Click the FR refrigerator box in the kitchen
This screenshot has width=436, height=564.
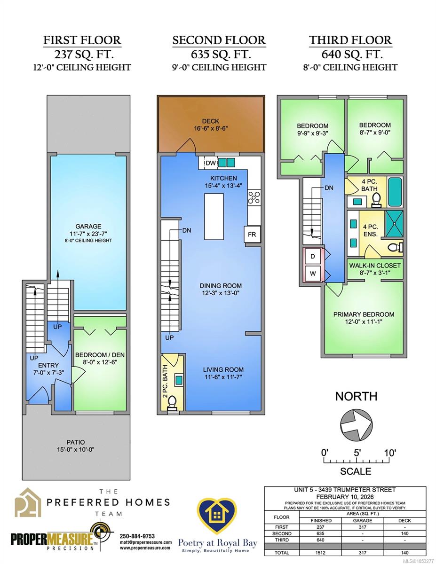252,235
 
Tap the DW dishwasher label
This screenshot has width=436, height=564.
211,163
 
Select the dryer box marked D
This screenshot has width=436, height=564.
313,257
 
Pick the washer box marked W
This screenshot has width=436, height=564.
313,274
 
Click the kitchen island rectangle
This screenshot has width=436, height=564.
214,217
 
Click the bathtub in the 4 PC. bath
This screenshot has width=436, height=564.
395,192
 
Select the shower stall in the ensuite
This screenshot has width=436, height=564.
394,224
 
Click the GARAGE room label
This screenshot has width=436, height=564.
88,227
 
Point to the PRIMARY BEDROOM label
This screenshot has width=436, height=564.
364,314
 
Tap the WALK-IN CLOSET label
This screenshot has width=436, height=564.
375,266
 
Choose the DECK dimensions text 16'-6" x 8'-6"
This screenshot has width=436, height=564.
211,128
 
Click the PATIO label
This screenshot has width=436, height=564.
75,442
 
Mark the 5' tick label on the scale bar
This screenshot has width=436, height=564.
357,453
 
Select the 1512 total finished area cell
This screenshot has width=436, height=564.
320,553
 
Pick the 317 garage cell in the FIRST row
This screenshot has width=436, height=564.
363,527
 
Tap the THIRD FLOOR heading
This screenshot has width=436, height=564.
350,40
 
